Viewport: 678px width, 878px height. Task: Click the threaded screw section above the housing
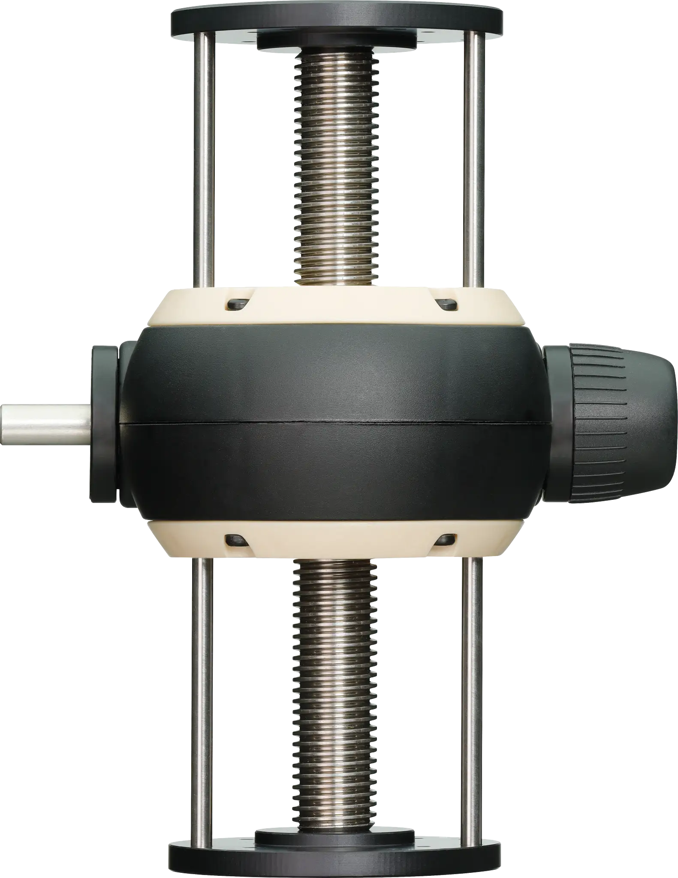337,171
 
